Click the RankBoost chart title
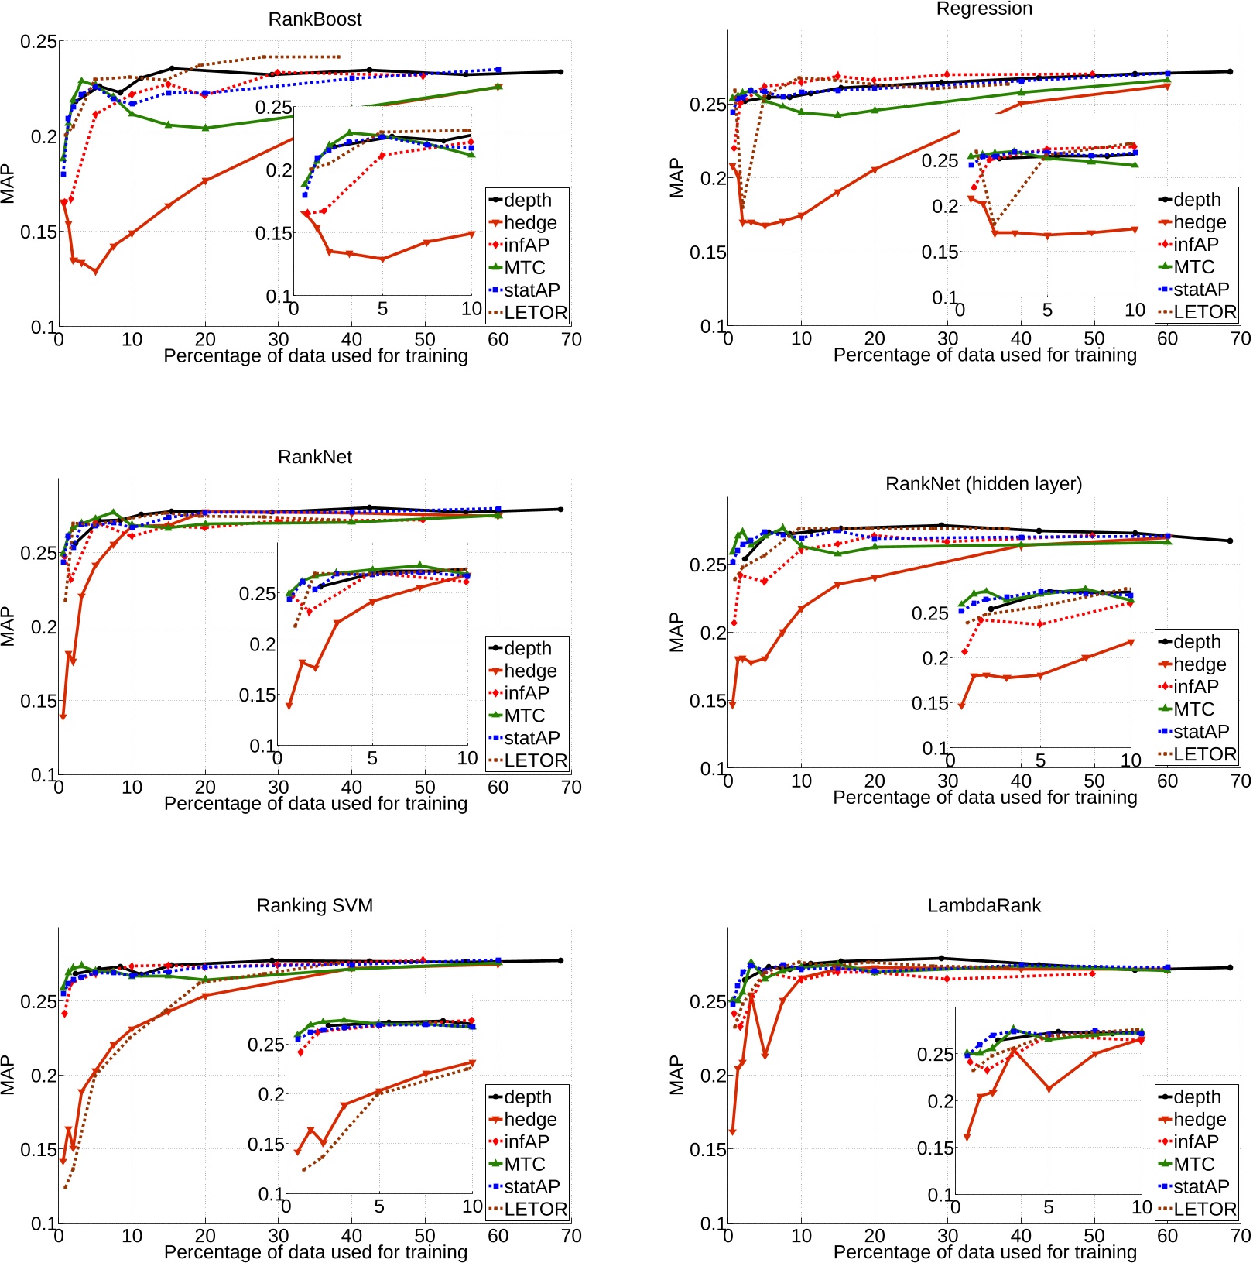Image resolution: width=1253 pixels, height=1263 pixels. [x=314, y=19]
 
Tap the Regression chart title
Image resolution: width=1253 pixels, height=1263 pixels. [x=984, y=9]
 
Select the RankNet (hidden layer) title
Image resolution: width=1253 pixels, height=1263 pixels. [x=983, y=484]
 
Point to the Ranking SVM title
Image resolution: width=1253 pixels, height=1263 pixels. [x=314, y=905]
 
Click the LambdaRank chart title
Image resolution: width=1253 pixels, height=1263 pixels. [x=984, y=905]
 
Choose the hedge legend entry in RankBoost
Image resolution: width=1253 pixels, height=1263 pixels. [x=529, y=223]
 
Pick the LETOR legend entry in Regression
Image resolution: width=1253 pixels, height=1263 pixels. [x=1204, y=312]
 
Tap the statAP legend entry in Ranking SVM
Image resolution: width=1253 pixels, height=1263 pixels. [x=531, y=1186]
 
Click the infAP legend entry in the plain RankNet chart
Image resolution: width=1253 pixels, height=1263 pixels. [x=526, y=693]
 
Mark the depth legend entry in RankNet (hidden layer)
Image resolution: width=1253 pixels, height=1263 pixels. [x=1197, y=642]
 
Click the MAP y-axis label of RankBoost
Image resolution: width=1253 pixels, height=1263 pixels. [x=8, y=184]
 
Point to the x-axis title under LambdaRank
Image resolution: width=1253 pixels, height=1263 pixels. [x=984, y=1251]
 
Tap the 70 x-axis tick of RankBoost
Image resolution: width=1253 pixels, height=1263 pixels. [x=571, y=339]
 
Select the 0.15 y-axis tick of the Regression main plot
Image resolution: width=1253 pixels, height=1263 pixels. [x=707, y=252]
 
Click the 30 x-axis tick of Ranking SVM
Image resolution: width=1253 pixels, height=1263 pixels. [x=279, y=1235]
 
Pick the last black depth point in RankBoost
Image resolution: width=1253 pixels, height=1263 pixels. [x=560, y=72]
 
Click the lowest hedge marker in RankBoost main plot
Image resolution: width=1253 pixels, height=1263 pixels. [x=95, y=272]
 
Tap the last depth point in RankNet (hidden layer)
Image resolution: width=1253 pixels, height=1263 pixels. [x=1230, y=541]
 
